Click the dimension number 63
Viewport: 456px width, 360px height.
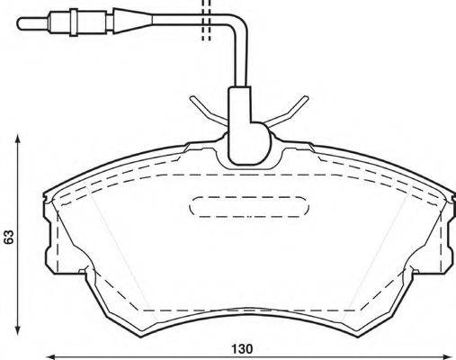[9, 238]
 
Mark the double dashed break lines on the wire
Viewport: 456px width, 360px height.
[205, 22]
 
